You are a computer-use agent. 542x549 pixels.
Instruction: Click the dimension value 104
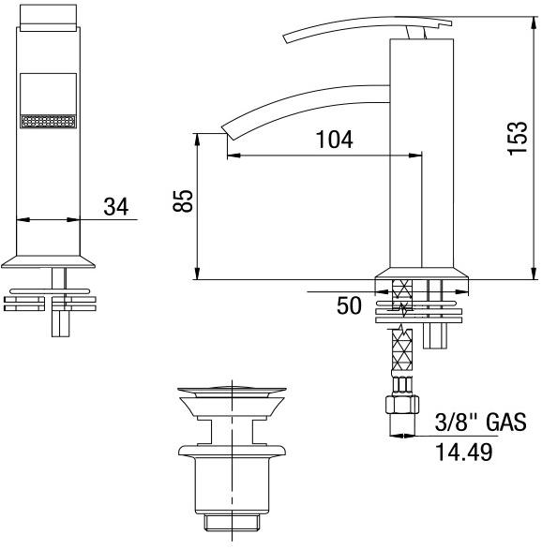334,140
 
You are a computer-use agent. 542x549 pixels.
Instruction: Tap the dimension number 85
184,200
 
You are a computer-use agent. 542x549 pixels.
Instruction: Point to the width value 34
115,206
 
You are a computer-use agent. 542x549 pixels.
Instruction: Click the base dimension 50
348,306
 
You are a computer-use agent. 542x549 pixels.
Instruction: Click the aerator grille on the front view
47,122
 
